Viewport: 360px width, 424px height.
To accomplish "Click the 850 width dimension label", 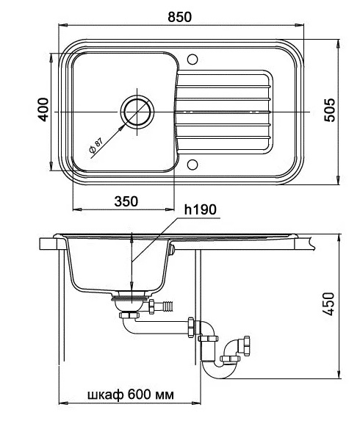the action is pyautogui.click(x=179, y=17).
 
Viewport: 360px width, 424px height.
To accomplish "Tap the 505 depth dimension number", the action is pyautogui.click(x=330, y=110).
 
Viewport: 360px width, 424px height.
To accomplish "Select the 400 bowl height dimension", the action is pyautogui.click(x=43, y=109).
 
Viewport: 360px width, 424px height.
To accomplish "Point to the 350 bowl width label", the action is pyautogui.click(x=126, y=201).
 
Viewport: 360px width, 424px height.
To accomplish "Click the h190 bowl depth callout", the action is pyautogui.click(x=201, y=209).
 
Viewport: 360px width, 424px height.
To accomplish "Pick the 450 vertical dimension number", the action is pyautogui.click(x=329, y=303).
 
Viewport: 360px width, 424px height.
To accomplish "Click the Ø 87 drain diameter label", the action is pyautogui.click(x=96, y=145).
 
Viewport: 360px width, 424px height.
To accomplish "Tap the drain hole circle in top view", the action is pyautogui.click(x=137, y=112).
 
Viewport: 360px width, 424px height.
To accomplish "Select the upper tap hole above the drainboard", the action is pyautogui.click(x=192, y=60).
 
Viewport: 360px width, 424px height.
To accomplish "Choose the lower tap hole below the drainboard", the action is pyautogui.click(x=192, y=165).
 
